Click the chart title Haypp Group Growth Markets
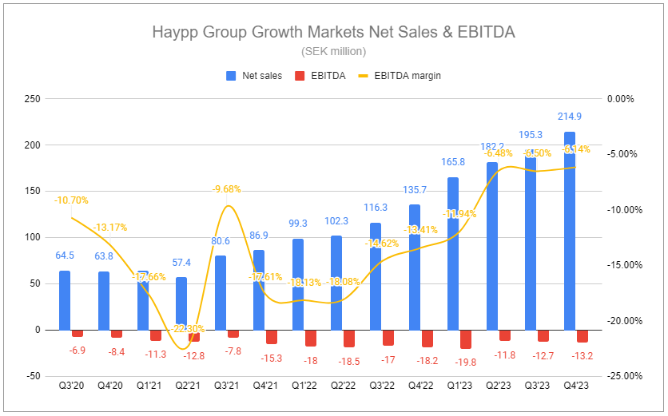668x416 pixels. [x=333, y=33]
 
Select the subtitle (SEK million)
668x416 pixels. [x=333, y=52]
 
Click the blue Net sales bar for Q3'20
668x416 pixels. [x=65, y=299]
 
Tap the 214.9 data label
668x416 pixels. [x=570, y=117]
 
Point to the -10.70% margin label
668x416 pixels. [x=71, y=200]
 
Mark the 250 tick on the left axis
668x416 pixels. [x=32, y=99]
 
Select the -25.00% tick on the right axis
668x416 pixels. [x=620, y=376]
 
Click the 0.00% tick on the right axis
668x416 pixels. [x=620, y=99]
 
